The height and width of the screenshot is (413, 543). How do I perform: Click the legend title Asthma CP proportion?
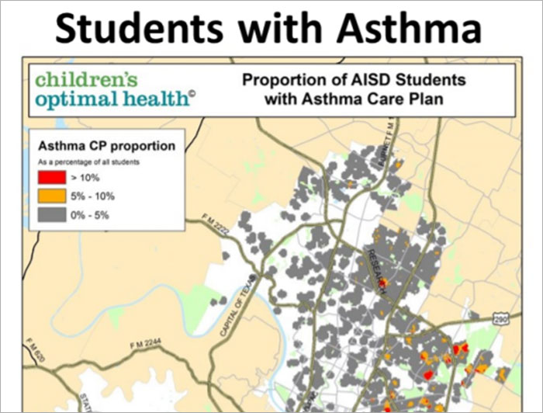(106, 146)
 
